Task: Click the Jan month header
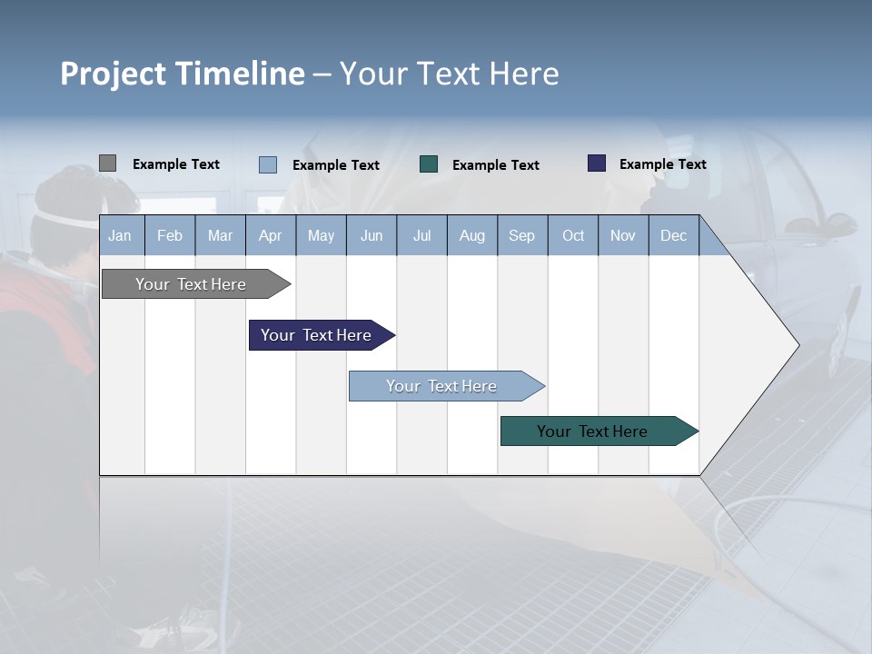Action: click(x=120, y=235)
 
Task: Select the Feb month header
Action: click(x=170, y=235)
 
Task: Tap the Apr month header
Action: click(x=270, y=235)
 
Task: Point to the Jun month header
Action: click(x=372, y=235)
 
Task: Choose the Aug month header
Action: click(x=472, y=235)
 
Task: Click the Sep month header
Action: click(x=522, y=235)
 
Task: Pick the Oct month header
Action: click(x=573, y=235)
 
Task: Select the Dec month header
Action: click(x=674, y=235)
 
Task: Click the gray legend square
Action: click(x=107, y=163)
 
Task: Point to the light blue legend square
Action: click(x=268, y=164)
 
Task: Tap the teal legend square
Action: click(x=429, y=163)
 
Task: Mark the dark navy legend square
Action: click(x=597, y=163)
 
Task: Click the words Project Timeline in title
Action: click(x=182, y=74)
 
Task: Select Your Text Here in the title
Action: click(x=450, y=74)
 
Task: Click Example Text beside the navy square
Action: click(x=662, y=164)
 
